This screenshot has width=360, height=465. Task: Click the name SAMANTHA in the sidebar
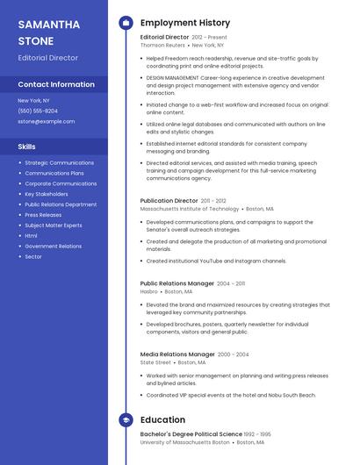coord(48,25)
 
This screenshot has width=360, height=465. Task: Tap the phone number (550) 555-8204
coord(38,111)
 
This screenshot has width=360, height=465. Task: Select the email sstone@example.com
coord(46,121)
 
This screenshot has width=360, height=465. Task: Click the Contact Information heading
coord(56,84)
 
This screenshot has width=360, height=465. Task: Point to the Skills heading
coord(26,147)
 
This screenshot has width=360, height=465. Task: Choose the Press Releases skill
coord(43,215)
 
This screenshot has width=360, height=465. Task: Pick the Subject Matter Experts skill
coord(54,225)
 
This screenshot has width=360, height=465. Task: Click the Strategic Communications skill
coord(59,163)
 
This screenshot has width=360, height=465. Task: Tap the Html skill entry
coord(31,236)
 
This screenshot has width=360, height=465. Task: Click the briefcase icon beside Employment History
coord(125,22)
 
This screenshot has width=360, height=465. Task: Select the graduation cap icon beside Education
coord(125,419)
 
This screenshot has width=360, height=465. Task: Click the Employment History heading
coord(185,22)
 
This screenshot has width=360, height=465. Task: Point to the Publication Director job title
coord(169,200)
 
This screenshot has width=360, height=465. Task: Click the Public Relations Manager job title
coord(176,283)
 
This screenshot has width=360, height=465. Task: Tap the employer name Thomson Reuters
coord(163,45)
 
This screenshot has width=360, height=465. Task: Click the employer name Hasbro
coord(149,291)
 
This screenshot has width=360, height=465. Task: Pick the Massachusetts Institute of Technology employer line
coord(190,209)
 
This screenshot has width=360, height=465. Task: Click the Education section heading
coord(162,419)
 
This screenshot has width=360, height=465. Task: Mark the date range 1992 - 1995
coord(257,434)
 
